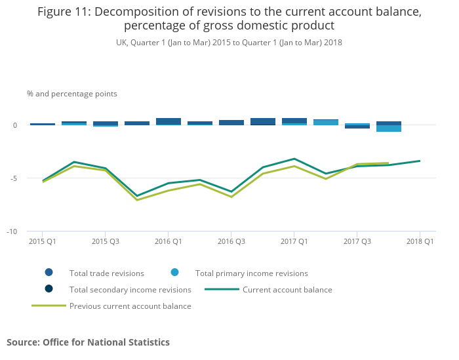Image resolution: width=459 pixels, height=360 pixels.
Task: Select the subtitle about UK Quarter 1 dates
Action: pos(229,43)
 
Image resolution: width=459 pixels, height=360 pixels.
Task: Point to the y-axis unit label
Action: pos(72,94)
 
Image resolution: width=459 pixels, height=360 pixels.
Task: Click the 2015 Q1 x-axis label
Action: pos(42,241)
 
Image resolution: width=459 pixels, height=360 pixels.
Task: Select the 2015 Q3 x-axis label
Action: pos(105,241)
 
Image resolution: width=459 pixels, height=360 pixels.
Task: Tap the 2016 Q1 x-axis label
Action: pos(168,241)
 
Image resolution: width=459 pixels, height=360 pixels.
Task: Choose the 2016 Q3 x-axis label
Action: pos(231,241)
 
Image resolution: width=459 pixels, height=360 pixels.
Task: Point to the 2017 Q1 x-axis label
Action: pos(294,241)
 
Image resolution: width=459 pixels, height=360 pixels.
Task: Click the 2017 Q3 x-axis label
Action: pos(357,241)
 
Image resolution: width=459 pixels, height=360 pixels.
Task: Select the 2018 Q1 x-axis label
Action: pos(420,241)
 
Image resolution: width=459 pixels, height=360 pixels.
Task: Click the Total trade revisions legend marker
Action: pos(49,273)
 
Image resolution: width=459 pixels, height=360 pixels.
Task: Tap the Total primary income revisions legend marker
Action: pos(174,273)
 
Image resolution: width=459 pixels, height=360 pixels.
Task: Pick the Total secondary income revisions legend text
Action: pos(130,289)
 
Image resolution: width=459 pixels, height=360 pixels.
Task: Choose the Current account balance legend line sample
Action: pos(222,289)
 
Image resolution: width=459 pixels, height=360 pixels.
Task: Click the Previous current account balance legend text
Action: pos(130,306)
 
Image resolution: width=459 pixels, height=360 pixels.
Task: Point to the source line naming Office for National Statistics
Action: pos(88,342)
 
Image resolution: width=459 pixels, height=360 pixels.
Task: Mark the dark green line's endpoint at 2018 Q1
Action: pos(420,161)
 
